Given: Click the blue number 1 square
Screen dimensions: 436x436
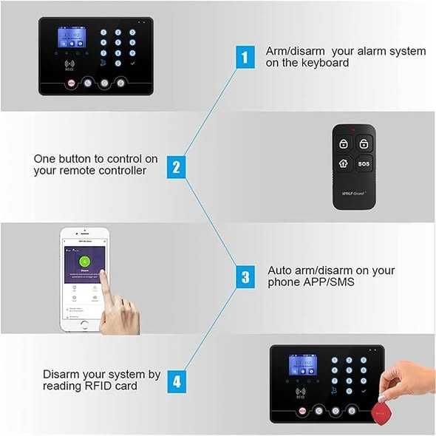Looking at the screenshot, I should tap(245, 57).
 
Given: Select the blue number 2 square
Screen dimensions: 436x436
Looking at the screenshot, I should tap(176, 166).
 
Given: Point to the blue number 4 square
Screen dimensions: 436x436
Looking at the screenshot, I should tap(176, 382).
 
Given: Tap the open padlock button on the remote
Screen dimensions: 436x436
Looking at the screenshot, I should tap(364, 143).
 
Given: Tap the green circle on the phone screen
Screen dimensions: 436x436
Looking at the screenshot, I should tap(84, 259).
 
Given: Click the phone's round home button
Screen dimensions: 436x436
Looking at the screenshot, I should tap(84, 324).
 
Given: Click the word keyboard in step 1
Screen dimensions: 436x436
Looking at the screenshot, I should tap(326, 64).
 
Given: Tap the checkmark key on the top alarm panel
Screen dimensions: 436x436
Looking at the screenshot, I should tap(132, 65).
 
